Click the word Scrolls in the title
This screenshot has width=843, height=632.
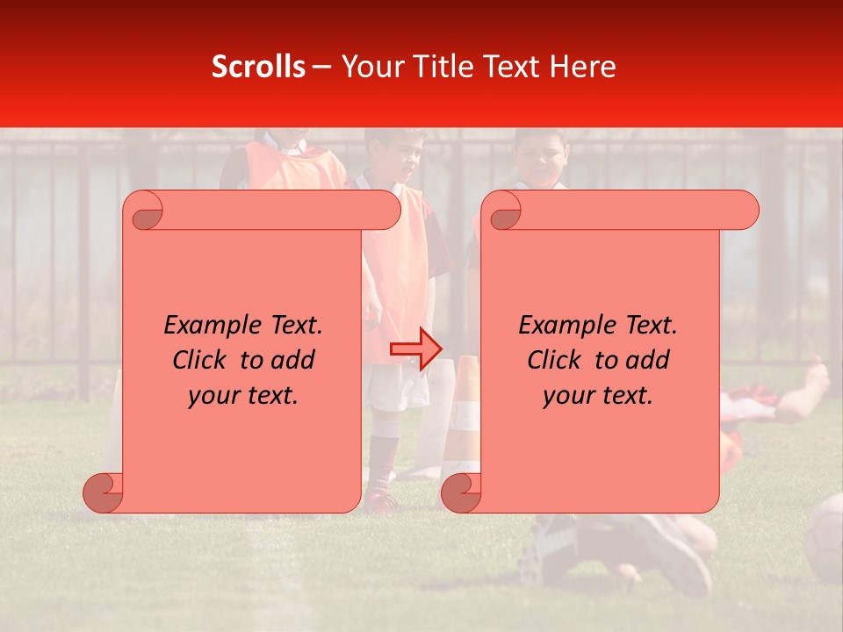pyautogui.click(x=258, y=67)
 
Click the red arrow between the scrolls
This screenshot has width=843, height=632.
pyautogui.click(x=416, y=349)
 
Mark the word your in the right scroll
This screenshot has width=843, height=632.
pyautogui.click(x=566, y=396)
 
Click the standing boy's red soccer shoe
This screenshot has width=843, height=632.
pyautogui.click(x=382, y=502)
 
